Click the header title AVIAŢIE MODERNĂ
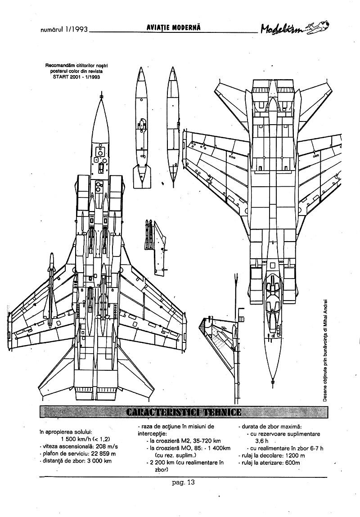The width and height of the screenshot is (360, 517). pyautogui.click(x=173, y=28)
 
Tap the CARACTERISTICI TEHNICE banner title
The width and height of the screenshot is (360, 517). pyautogui.click(x=184, y=412)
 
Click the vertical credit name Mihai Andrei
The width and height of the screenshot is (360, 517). pyautogui.click(x=325, y=317)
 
